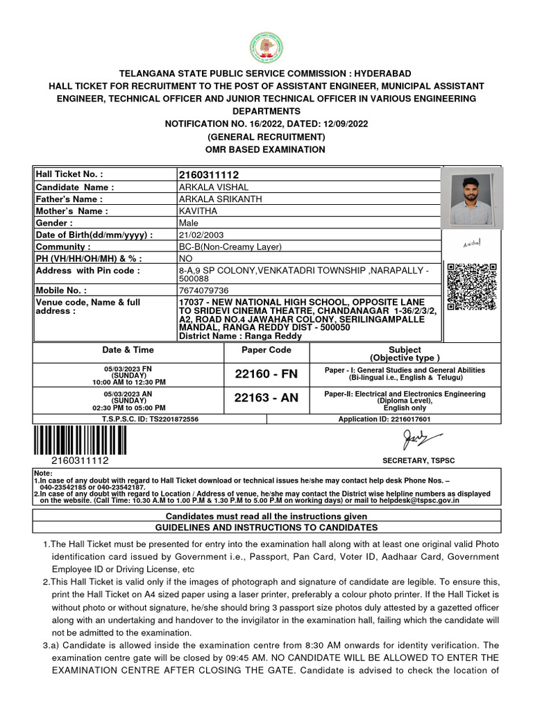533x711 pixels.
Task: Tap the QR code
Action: pos(472,286)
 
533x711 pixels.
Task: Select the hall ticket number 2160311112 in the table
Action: pos(208,175)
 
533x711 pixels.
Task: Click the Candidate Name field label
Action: pos(75,187)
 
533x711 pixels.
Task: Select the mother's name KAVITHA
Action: pos(198,211)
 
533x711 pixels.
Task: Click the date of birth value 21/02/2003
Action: pos(201,235)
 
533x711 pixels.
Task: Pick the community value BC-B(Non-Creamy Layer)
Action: pos(230,246)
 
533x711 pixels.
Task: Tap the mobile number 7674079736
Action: pos(203,290)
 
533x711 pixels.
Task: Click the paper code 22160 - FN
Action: pos(266,374)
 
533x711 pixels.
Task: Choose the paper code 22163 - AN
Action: pos(266,398)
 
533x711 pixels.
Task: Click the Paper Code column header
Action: pos(266,350)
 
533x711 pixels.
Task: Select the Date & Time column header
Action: pos(128,350)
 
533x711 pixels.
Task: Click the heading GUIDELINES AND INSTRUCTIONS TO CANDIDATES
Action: pos(266,528)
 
